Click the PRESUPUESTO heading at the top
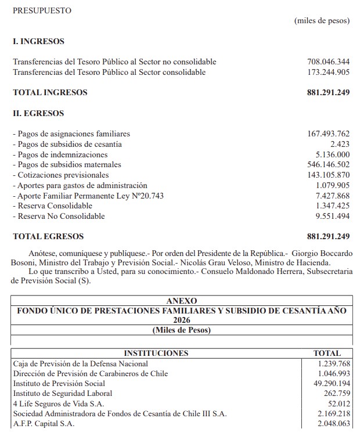point(42,10)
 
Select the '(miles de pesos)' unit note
point(322,21)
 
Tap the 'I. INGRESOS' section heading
point(38,41)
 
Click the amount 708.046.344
point(328,62)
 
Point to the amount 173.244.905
point(328,72)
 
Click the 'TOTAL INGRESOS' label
point(50,92)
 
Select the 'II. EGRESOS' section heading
point(38,113)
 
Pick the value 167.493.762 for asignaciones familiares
point(328,134)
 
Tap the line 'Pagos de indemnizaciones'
point(60,154)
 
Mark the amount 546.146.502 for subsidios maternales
point(328,165)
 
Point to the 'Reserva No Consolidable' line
point(59,216)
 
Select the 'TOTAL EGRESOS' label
point(48,236)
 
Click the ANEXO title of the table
point(181,301)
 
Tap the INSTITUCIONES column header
point(156,353)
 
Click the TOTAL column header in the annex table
point(327,353)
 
